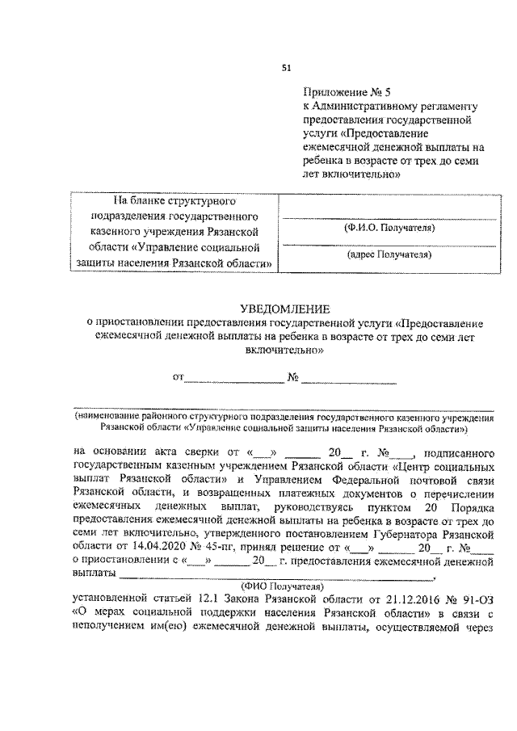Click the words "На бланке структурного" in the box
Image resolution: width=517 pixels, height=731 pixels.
(x=173, y=200)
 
